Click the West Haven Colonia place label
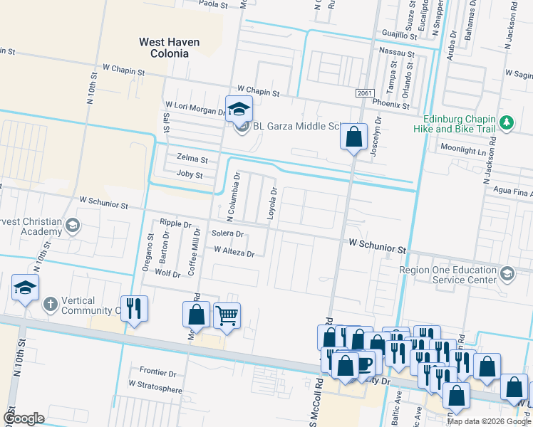(x=169, y=48)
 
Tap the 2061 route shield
(x=364, y=94)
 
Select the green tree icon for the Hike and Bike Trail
(x=507, y=122)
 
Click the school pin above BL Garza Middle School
(x=239, y=109)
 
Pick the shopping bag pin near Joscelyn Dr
(x=353, y=135)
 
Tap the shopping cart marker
(x=227, y=315)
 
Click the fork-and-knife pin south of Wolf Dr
(x=134, y=308)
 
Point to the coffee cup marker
(x=363, y=364)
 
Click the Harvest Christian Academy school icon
(x=72, y=226)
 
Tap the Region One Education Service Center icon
(x=507, y=274)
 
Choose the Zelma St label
(x=192, y=159)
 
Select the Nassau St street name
(x=397, y=53)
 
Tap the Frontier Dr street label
(x=157, y=372)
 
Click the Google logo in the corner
(x=24, y=418)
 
